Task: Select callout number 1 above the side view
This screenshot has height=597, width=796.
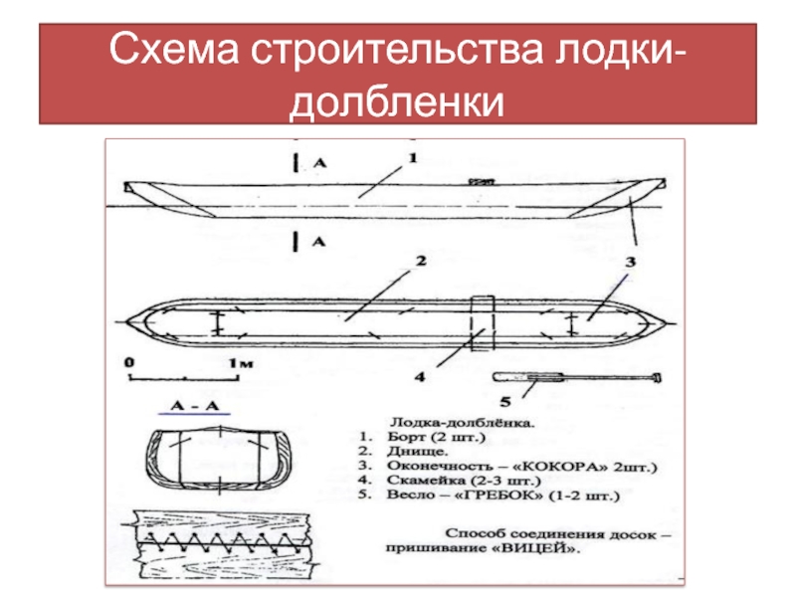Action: click(412, 157)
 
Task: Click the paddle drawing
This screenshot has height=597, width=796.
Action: click(577, 378)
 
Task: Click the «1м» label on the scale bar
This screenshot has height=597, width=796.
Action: click(235, 363)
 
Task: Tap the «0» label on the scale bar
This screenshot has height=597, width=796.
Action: click(129, 363)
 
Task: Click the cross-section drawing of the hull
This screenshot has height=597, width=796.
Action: click(215, 463)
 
